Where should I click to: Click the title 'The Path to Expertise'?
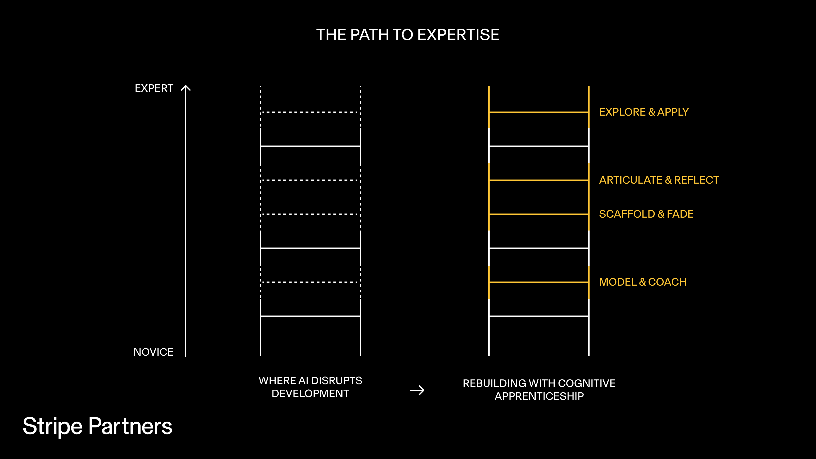pyautogui.click(x=408, y=35)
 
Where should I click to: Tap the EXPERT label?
pyautogui.click(x=154, y=88)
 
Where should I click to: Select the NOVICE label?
pyautogui.click(x=153, y=352)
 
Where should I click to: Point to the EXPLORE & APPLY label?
pyautogui.click(x=644, y=112)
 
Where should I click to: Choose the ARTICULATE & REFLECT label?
pyautogui.click(x=659, y=180)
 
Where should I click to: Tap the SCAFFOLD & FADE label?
pyautogui.click(x=646, y=214)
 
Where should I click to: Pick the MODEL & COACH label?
pyautogui.click(x=643, y=282)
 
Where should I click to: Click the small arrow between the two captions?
pyautogui.click(x=417, y=390)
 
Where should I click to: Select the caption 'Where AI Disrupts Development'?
pyautogui.click(x=310, y=387)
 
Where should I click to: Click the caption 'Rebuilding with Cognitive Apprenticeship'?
pyautogui.click(x=539, y=390)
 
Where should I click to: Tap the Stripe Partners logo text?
pyautogui.click(x=97, y=426)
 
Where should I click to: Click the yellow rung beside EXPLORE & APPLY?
pyautogui.click(x=539, y=112)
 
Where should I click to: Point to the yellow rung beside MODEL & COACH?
pyautogui.click(x=539, y=282)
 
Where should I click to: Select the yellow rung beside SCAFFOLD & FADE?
pyautogui.click(x=539, y=214)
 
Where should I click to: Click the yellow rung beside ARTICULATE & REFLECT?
pyautogui.click(x=539, y=180)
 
